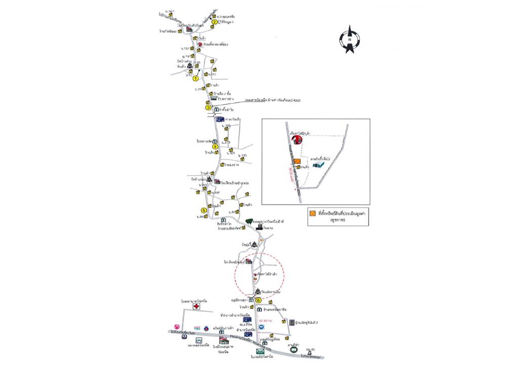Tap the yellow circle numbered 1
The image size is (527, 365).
[196, 78]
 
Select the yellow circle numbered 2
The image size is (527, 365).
[214, 22]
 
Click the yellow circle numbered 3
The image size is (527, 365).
[208, 107]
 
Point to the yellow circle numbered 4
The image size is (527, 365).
[215, 147]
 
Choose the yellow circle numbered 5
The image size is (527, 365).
[204, 210]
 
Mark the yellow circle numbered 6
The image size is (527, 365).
[258, 300]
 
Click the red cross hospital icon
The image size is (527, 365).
[195, 308]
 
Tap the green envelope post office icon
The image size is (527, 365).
[260, 351]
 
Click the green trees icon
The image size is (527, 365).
[249, 222]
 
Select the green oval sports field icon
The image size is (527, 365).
[293, 349]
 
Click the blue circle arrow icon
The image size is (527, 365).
[262, 328]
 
